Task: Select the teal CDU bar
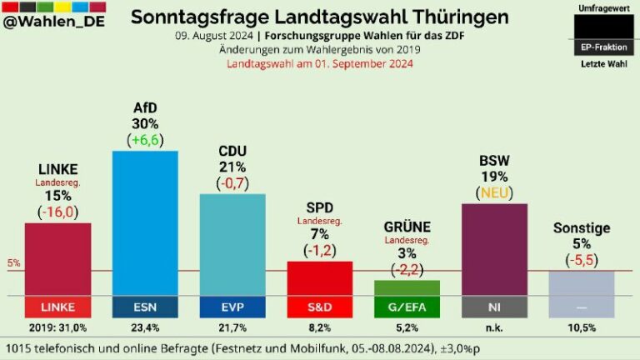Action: pyautogui.click(x=232, y=244)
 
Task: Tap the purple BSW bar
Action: pyautogui.click(x=494, y=249)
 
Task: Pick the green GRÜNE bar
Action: pyautogui.click(x=407, y=287)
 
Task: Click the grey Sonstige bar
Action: pyautogui.click(x=581, y=283)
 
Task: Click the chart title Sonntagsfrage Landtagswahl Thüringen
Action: pyautogui.click(x=320, y=17)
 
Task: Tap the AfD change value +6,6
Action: pyautogui.click(x=145, y=141)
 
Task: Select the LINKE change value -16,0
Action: pyautogui.click(x=57, y=212)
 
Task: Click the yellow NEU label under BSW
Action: pyautogui.click(x=494, y=192)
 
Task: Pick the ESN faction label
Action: pyautogui.click(x=145, y=307)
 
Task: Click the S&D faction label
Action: pyautogui.click(x=320, y=307)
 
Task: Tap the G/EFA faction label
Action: pyautogui.click(x=407, y=307)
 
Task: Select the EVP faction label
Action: pyautogui.click(x=232, y=307)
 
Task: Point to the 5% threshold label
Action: pyautogui.click(x=14, y=263)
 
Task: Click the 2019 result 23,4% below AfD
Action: pyautogui.click(x=145, y=327)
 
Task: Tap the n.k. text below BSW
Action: pyautogui.click(x=494, y=327)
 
